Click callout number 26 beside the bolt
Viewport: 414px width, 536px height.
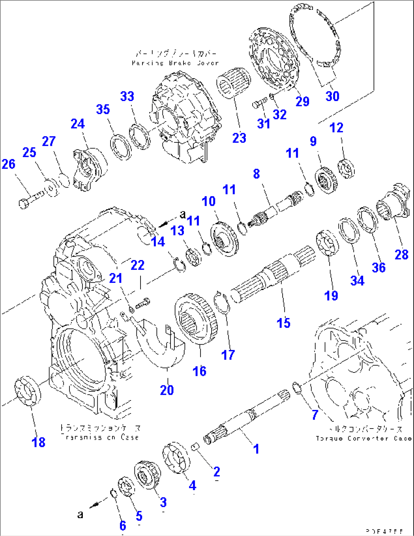click(x=8, y=164)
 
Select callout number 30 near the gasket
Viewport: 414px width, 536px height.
click(x=332, y=96)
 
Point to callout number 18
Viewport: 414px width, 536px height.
click(x=38, y=442)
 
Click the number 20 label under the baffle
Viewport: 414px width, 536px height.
click(x=167, y=390)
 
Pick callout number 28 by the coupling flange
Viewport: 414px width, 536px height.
click(x=401, y=254)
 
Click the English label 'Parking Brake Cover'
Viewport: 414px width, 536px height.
click(x=175, y=63)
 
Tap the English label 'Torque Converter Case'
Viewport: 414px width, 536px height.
click(x=363, y=438)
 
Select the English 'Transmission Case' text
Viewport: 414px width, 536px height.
click(x=100, y=437)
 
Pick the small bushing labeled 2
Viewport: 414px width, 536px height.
click(x=195, y=447)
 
